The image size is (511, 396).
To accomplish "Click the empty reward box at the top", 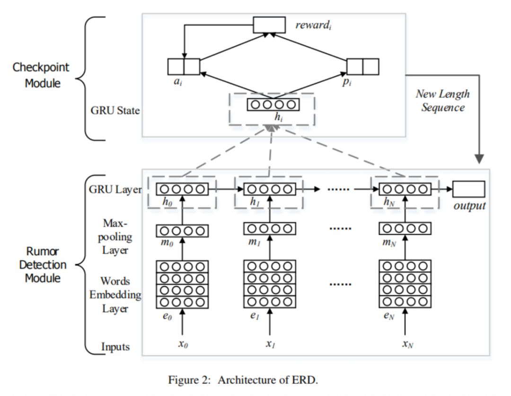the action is click(x=269, y=25).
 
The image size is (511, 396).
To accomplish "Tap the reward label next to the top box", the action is click(x=314, y=25).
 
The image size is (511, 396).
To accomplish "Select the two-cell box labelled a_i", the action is click(x=184, y=66).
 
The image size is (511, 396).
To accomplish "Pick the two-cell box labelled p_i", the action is click(x=363, y=66).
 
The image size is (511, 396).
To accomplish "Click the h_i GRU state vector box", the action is click(x=273, y=105).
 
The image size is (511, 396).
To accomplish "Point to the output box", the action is click(x=468, y=189).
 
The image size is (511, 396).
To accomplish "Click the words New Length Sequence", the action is click(x=443, y=100).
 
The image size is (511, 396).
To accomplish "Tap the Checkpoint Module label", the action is click(x=41, y=75).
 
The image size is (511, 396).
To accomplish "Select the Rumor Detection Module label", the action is click(x=43, y=264).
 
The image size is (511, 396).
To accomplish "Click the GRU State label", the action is click(x=115, y=110).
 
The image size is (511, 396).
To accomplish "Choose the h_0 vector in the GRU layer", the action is click(x=182, y=189).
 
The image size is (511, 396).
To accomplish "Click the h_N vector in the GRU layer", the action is click(x=405, y=189).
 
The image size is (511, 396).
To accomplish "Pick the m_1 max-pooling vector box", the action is click(x=270, y=228).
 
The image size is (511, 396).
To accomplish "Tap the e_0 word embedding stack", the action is click(x=182, y=284).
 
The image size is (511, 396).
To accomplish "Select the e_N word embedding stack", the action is click(x=405, y=284).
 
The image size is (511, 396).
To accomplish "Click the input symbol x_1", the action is click(x=270, y=344).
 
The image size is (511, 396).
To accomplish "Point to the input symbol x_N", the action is click(x=407, y=344).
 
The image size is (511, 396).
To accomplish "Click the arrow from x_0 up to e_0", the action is click(x=182, y=322).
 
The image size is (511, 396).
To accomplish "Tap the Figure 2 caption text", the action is click(x=243, y=380).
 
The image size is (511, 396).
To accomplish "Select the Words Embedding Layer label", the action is click(x=115, y=295).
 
